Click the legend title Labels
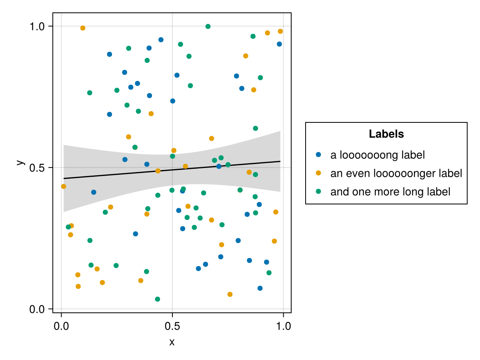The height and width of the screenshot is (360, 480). pyautogui.click(x=386, y=134)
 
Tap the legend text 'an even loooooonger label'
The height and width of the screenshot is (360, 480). pyautogui.click(x=396, y=173)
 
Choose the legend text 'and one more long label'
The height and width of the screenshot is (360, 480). pyautogui.click(x=390, y=192)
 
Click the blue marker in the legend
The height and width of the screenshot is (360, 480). pyautogui.click(x=318, y=154)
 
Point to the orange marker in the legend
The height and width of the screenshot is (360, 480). pyautogui.click(x=318, y=173)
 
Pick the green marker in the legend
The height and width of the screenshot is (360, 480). pyautogui.click(x=318, y=191)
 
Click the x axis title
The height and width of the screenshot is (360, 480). pyautogui.click(x=172, y=342)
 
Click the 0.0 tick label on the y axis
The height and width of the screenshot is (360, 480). pyautogui.click(x=38, y=309)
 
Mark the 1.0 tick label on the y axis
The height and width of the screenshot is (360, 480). pyautogui.click(x=38, y=26)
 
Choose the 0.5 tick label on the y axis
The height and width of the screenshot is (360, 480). pyautogui.click(x=38, y=168)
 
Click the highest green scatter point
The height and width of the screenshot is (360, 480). pyautogui.click(x=208, y=26)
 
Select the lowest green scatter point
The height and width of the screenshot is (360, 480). pyautogui.click(x=158, y=299)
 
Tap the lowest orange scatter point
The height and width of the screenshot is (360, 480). pyautogui.click(x=230, y=294)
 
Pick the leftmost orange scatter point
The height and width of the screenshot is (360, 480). pyautogui.click(x=64, y=186)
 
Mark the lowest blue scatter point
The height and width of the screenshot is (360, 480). pyautogui.click(x=260, y=288)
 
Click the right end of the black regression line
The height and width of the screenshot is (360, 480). pyautogui.click(x=280, y=161)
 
